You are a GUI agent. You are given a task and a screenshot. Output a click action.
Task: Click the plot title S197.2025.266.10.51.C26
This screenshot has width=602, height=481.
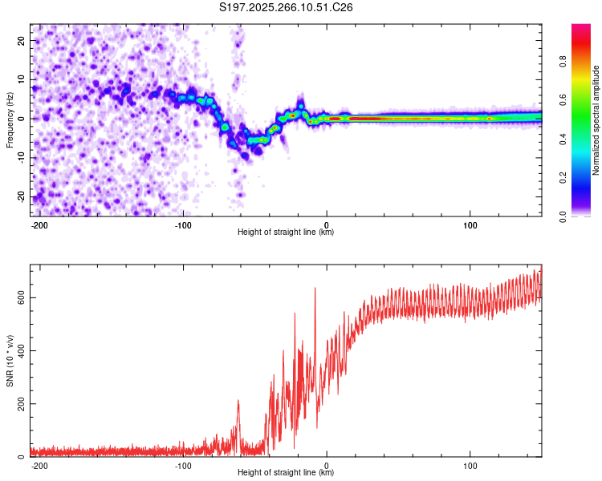pos(287,8)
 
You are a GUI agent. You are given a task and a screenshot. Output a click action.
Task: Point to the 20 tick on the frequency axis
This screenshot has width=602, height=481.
pos(22,39)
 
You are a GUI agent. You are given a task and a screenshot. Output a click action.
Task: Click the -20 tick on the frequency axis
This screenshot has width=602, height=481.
pos(20,196)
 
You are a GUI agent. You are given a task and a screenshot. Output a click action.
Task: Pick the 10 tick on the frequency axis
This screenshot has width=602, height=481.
pos(22,79)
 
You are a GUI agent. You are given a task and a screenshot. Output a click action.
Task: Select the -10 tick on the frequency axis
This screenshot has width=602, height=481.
pos(20,157)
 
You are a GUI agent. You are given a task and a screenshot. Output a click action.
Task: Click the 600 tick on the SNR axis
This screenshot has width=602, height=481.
pos(19,297)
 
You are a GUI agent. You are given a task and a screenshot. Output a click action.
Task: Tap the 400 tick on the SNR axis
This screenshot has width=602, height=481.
pos(19,350)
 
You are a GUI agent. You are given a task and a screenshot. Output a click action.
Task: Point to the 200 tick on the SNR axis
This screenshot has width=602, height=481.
pos(19,403)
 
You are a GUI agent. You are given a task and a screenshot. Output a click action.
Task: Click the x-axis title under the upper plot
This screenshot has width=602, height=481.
pos(286,232)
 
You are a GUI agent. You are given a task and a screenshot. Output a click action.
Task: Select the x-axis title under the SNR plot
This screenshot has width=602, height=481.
pos(286,473)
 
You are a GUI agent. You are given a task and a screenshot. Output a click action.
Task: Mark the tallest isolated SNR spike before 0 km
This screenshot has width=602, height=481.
pos(315,289)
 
